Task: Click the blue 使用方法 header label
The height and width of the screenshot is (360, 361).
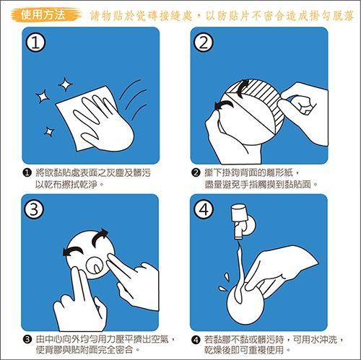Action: coord(43,14)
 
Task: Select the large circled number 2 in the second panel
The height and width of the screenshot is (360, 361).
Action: coord(204,44)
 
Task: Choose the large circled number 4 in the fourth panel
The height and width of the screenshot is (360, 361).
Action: coord(204,210)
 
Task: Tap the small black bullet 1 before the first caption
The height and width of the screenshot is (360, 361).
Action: coord(27,173)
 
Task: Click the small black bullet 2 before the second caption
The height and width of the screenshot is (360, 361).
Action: coord(195,173)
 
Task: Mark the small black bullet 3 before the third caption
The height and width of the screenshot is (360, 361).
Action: coord(27,339)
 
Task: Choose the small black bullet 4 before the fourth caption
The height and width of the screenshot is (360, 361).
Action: coord(195,339)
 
